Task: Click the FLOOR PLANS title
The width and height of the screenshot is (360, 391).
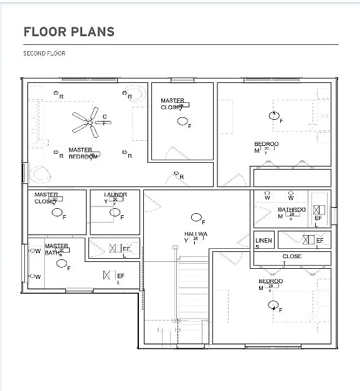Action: (x=69, y=31)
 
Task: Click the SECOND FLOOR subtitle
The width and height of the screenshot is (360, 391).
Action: (x=44, y=54)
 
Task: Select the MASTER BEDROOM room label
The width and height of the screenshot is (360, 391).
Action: (x=82, y=153)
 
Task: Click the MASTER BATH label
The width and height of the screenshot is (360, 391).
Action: (x=56, y=249)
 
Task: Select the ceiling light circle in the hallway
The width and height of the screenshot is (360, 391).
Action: (x=196, y=218)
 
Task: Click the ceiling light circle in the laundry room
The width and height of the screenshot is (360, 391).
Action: (x=115, y=213)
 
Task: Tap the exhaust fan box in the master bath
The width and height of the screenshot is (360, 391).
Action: (x=107, y=275)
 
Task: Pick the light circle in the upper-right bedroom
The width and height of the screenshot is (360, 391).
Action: (x=273, y=115)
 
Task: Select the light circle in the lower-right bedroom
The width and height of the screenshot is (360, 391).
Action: (x=273, y=304)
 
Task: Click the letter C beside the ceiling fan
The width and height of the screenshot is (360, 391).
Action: (x=104, y=117)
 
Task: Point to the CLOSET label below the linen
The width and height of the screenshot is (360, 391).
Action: (x=291, y=257)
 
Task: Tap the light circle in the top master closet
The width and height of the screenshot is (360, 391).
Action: (x=182, y=121)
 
